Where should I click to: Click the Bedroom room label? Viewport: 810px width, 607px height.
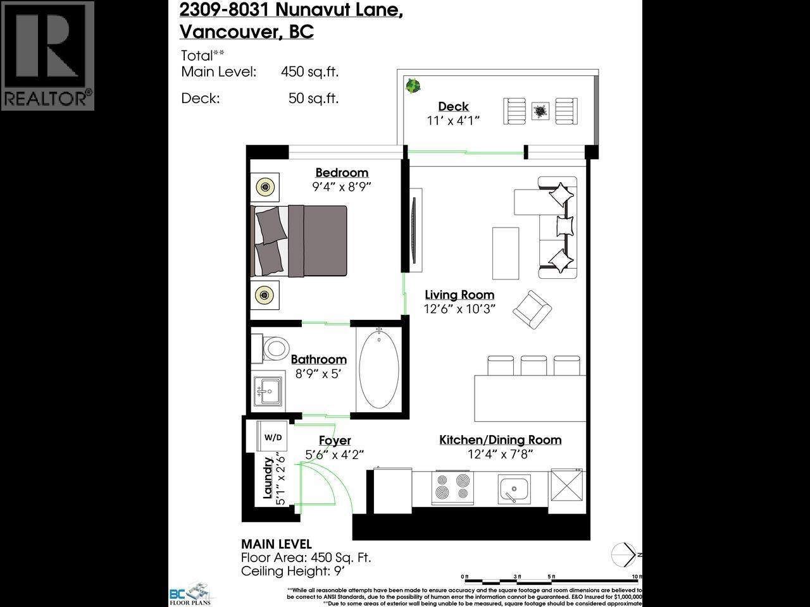tap(342, 173)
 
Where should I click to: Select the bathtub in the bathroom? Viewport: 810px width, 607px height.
tap(379, 371)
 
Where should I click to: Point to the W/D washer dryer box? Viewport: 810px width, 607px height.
tap(273, 437)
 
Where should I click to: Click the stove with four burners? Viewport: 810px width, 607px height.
tap(452, 488)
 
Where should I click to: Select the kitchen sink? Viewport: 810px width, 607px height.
tap(514, 489)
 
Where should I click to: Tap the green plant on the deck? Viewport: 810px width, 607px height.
tap(413, 85)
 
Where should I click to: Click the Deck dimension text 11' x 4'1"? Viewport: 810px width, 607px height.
tap(453, 121)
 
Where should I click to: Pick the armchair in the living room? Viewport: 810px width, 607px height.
tap(532, 310)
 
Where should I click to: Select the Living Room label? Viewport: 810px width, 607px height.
tap(459, 295)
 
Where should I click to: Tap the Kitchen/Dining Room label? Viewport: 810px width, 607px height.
tap(500, 440)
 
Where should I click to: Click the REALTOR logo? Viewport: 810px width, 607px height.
tap(47, 56)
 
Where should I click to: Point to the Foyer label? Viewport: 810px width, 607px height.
tap(335, 441)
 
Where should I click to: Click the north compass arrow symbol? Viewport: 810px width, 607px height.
tap(625, 555)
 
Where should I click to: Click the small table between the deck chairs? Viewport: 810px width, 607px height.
tap(540, 112)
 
